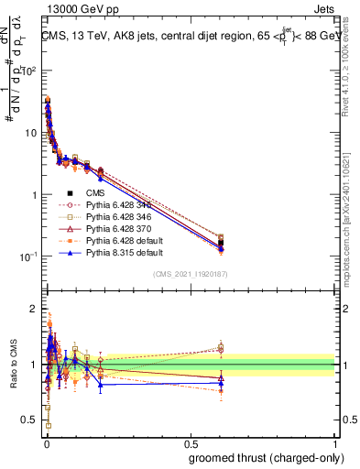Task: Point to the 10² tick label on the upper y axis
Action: pyautogui.click(x=29, y=71)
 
